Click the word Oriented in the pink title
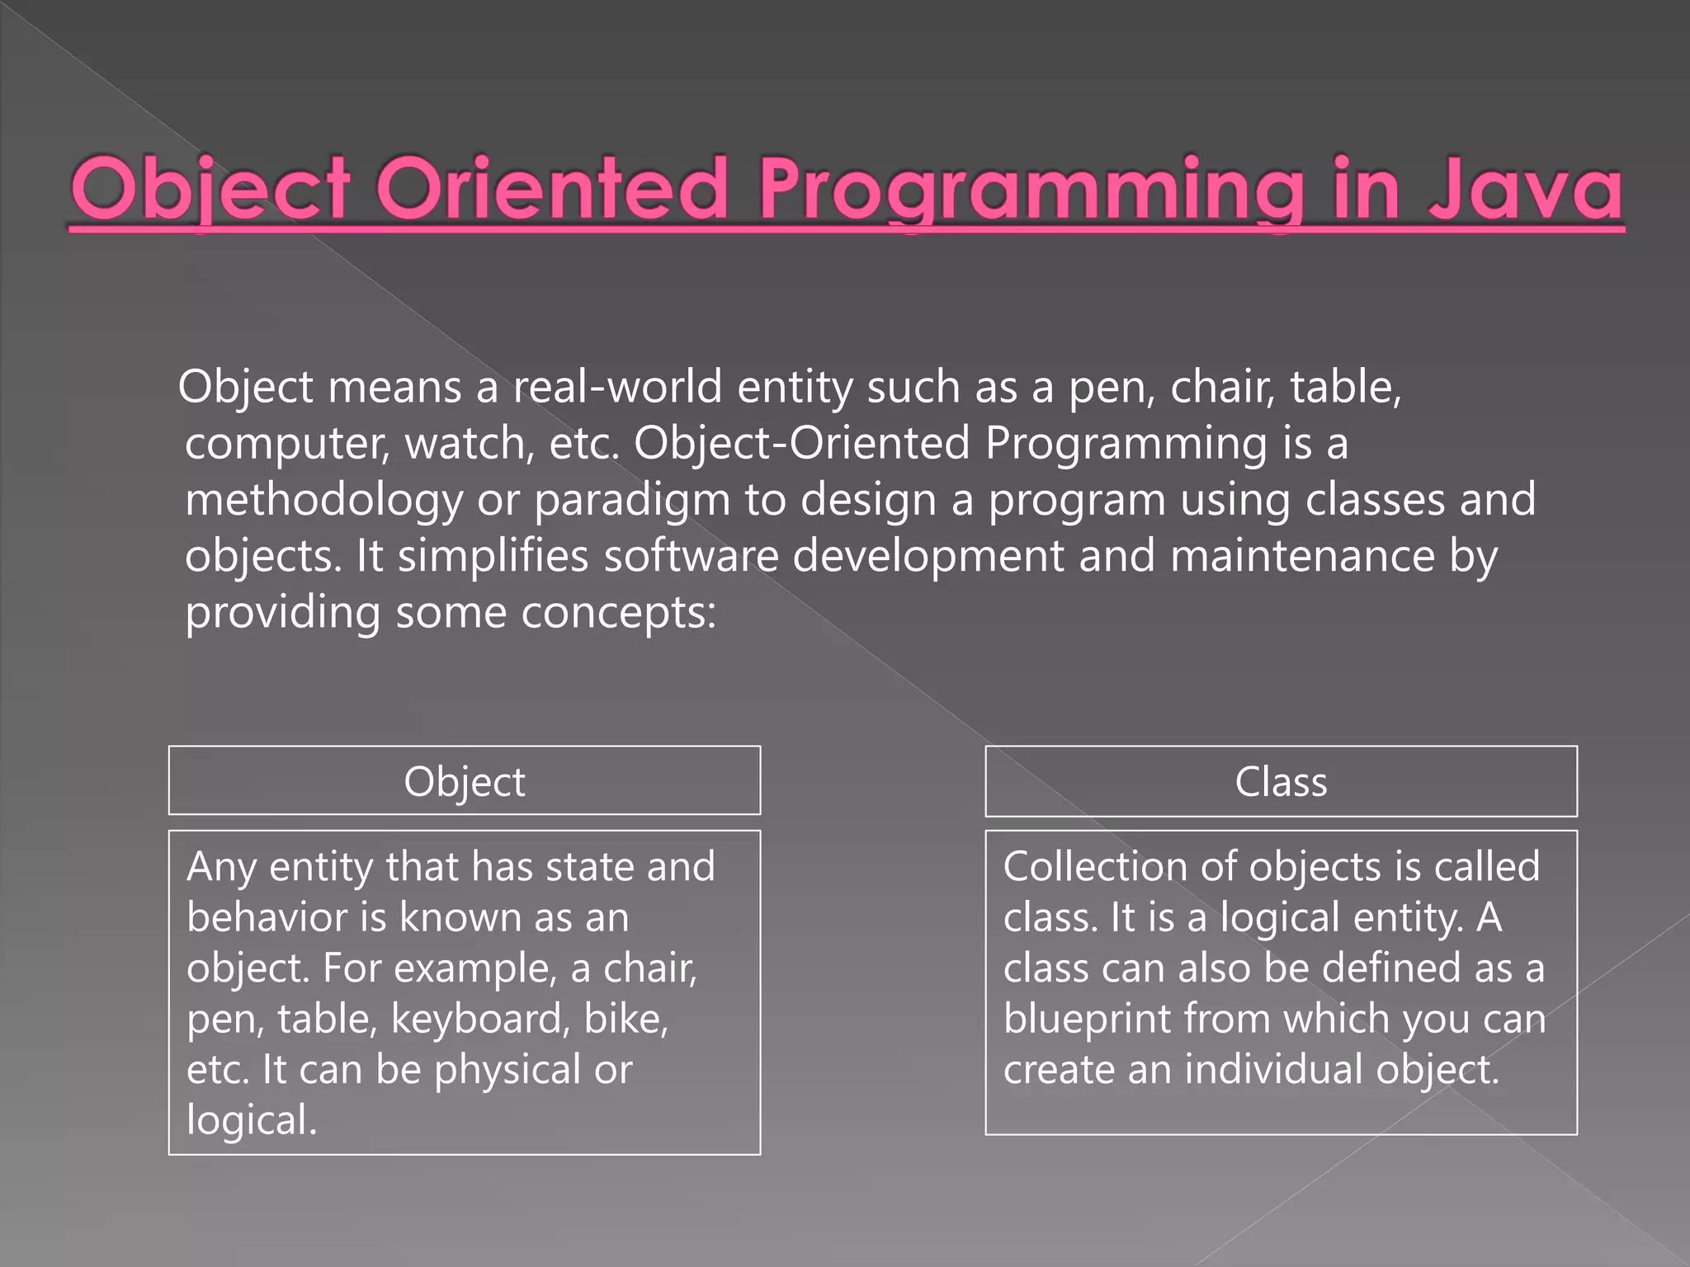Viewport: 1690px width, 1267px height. point(552,190)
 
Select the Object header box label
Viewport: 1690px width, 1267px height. point(464,781)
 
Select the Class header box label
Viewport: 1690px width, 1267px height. point(1281,781)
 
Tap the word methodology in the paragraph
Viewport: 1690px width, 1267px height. point(323,501)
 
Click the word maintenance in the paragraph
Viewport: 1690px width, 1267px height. point(1302,555)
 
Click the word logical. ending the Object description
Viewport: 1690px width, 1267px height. point(251,1121)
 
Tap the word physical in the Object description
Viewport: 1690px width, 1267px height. point(507,1071)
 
